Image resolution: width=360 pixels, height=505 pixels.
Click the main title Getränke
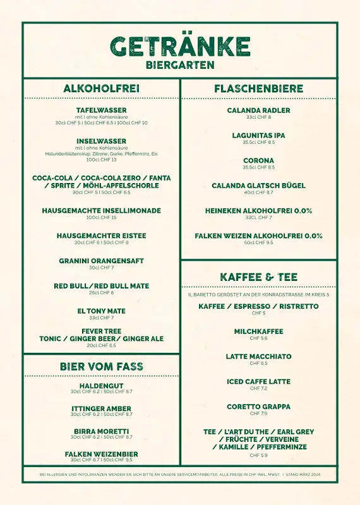point(180,47)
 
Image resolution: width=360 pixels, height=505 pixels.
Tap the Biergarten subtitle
point(180,65)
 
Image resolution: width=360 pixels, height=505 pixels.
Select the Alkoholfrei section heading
point(101,88)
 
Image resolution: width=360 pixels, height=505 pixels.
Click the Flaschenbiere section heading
point(258,88)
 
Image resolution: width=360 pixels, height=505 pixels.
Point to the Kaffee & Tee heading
point(258,277)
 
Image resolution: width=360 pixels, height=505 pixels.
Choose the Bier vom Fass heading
point(101,366)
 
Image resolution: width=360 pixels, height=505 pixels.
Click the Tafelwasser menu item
point(101,110)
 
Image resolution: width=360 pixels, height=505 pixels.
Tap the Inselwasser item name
point(101,141)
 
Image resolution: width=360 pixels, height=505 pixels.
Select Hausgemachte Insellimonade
point(101,211)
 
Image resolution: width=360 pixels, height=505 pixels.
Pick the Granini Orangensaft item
point(101,261)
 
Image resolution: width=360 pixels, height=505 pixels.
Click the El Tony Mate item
point(101,311)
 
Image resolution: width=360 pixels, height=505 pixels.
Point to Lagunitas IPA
point(258,136)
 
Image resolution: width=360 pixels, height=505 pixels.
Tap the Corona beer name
point(258,161)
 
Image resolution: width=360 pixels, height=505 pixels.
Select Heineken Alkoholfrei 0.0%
point(258,211)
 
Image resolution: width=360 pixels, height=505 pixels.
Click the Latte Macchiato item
point(258,357)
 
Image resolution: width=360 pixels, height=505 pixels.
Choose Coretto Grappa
point(258,407)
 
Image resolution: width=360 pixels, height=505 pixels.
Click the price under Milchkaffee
point(258,338)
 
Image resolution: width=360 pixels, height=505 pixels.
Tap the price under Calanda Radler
point(258,117)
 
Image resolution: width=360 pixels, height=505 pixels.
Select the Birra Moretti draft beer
point(101,431)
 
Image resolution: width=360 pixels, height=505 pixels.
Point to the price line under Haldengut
point(101,391)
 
